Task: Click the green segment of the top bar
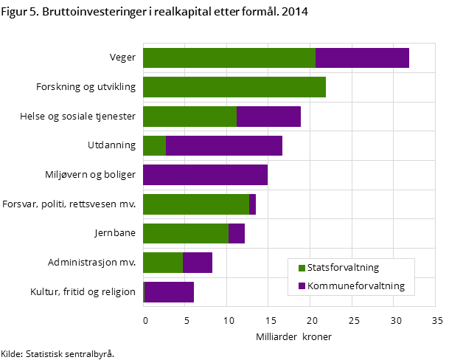coord(229,58)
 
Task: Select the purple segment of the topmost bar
coord(362,58)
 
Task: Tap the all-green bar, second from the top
coord(234,87)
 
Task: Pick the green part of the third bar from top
coord(189,117)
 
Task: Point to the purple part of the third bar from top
coord(268,117)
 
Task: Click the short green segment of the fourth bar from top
coord(154,145)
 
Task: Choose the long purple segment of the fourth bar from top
coord(224,145)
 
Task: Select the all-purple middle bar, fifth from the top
coord(205,175)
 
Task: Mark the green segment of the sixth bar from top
coord(195,204)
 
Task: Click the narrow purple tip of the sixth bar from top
coord(252,204)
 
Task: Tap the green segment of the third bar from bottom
coord(185,233)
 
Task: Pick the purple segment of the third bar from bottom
coord(236,233)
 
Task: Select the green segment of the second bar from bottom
coord(162,263)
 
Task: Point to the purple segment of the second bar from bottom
coord(197,263)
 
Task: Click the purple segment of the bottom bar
coord(169,292)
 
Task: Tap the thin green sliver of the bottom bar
coord(143,292)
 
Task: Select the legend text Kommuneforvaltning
coord(355,286)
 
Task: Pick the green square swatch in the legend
coord(302,268)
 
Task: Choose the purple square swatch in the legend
coord(302,286)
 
